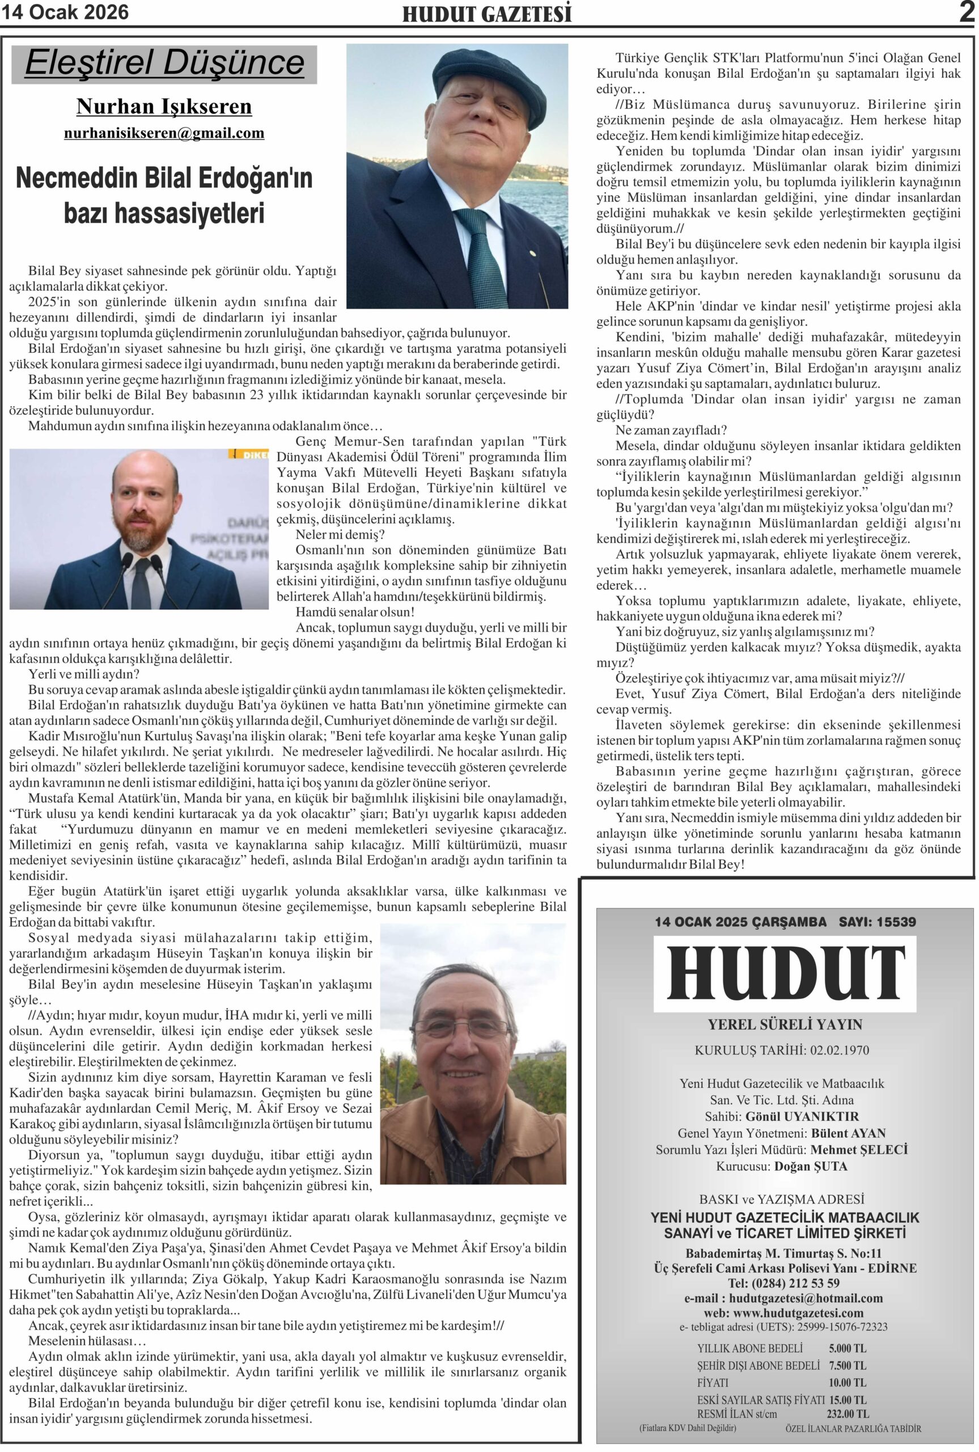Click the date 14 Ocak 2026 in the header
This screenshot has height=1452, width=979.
click(x=65, y=12)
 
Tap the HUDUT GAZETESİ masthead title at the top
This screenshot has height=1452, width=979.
click(x=486, y=14)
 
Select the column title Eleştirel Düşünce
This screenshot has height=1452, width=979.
click(x=164, y=63)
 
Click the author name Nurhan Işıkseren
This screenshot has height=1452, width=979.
click(x=164, y=107)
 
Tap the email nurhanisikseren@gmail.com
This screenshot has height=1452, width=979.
click(x=164, y=133)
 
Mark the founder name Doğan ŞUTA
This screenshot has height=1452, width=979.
click(x=811, y=1166)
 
